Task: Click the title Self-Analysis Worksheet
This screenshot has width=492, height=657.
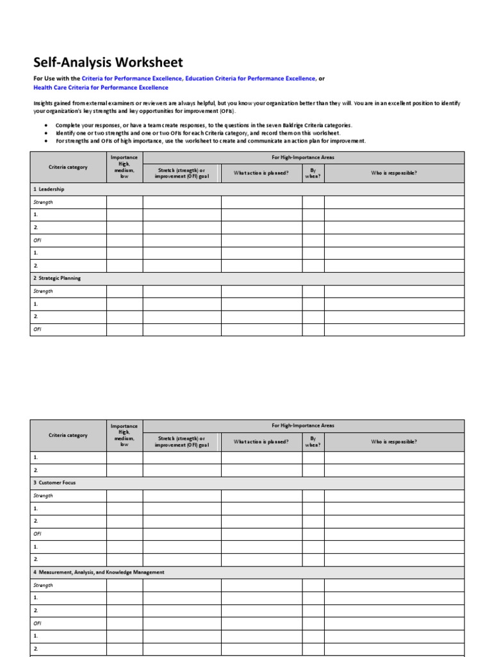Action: (108, 62)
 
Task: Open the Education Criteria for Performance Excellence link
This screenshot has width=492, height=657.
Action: (250, 78)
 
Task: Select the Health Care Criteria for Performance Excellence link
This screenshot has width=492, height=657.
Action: (101, 87)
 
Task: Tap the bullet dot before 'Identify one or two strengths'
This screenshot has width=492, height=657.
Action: (45, 133)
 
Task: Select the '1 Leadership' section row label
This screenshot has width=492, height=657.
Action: (49, 189)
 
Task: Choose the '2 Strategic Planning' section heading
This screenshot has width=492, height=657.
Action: (57, 278)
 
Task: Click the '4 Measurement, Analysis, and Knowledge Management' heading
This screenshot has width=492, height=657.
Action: (99, 572)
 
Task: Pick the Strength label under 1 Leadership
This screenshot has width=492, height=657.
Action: (43, 202)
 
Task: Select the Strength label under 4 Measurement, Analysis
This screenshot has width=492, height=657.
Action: (43, 584)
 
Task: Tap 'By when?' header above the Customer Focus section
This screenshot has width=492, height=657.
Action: (313, 441)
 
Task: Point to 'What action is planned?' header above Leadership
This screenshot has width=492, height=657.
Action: (261, 173)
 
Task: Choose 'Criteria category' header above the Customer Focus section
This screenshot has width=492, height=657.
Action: (68, 435)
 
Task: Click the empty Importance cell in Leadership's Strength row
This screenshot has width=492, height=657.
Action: (124, 202)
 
